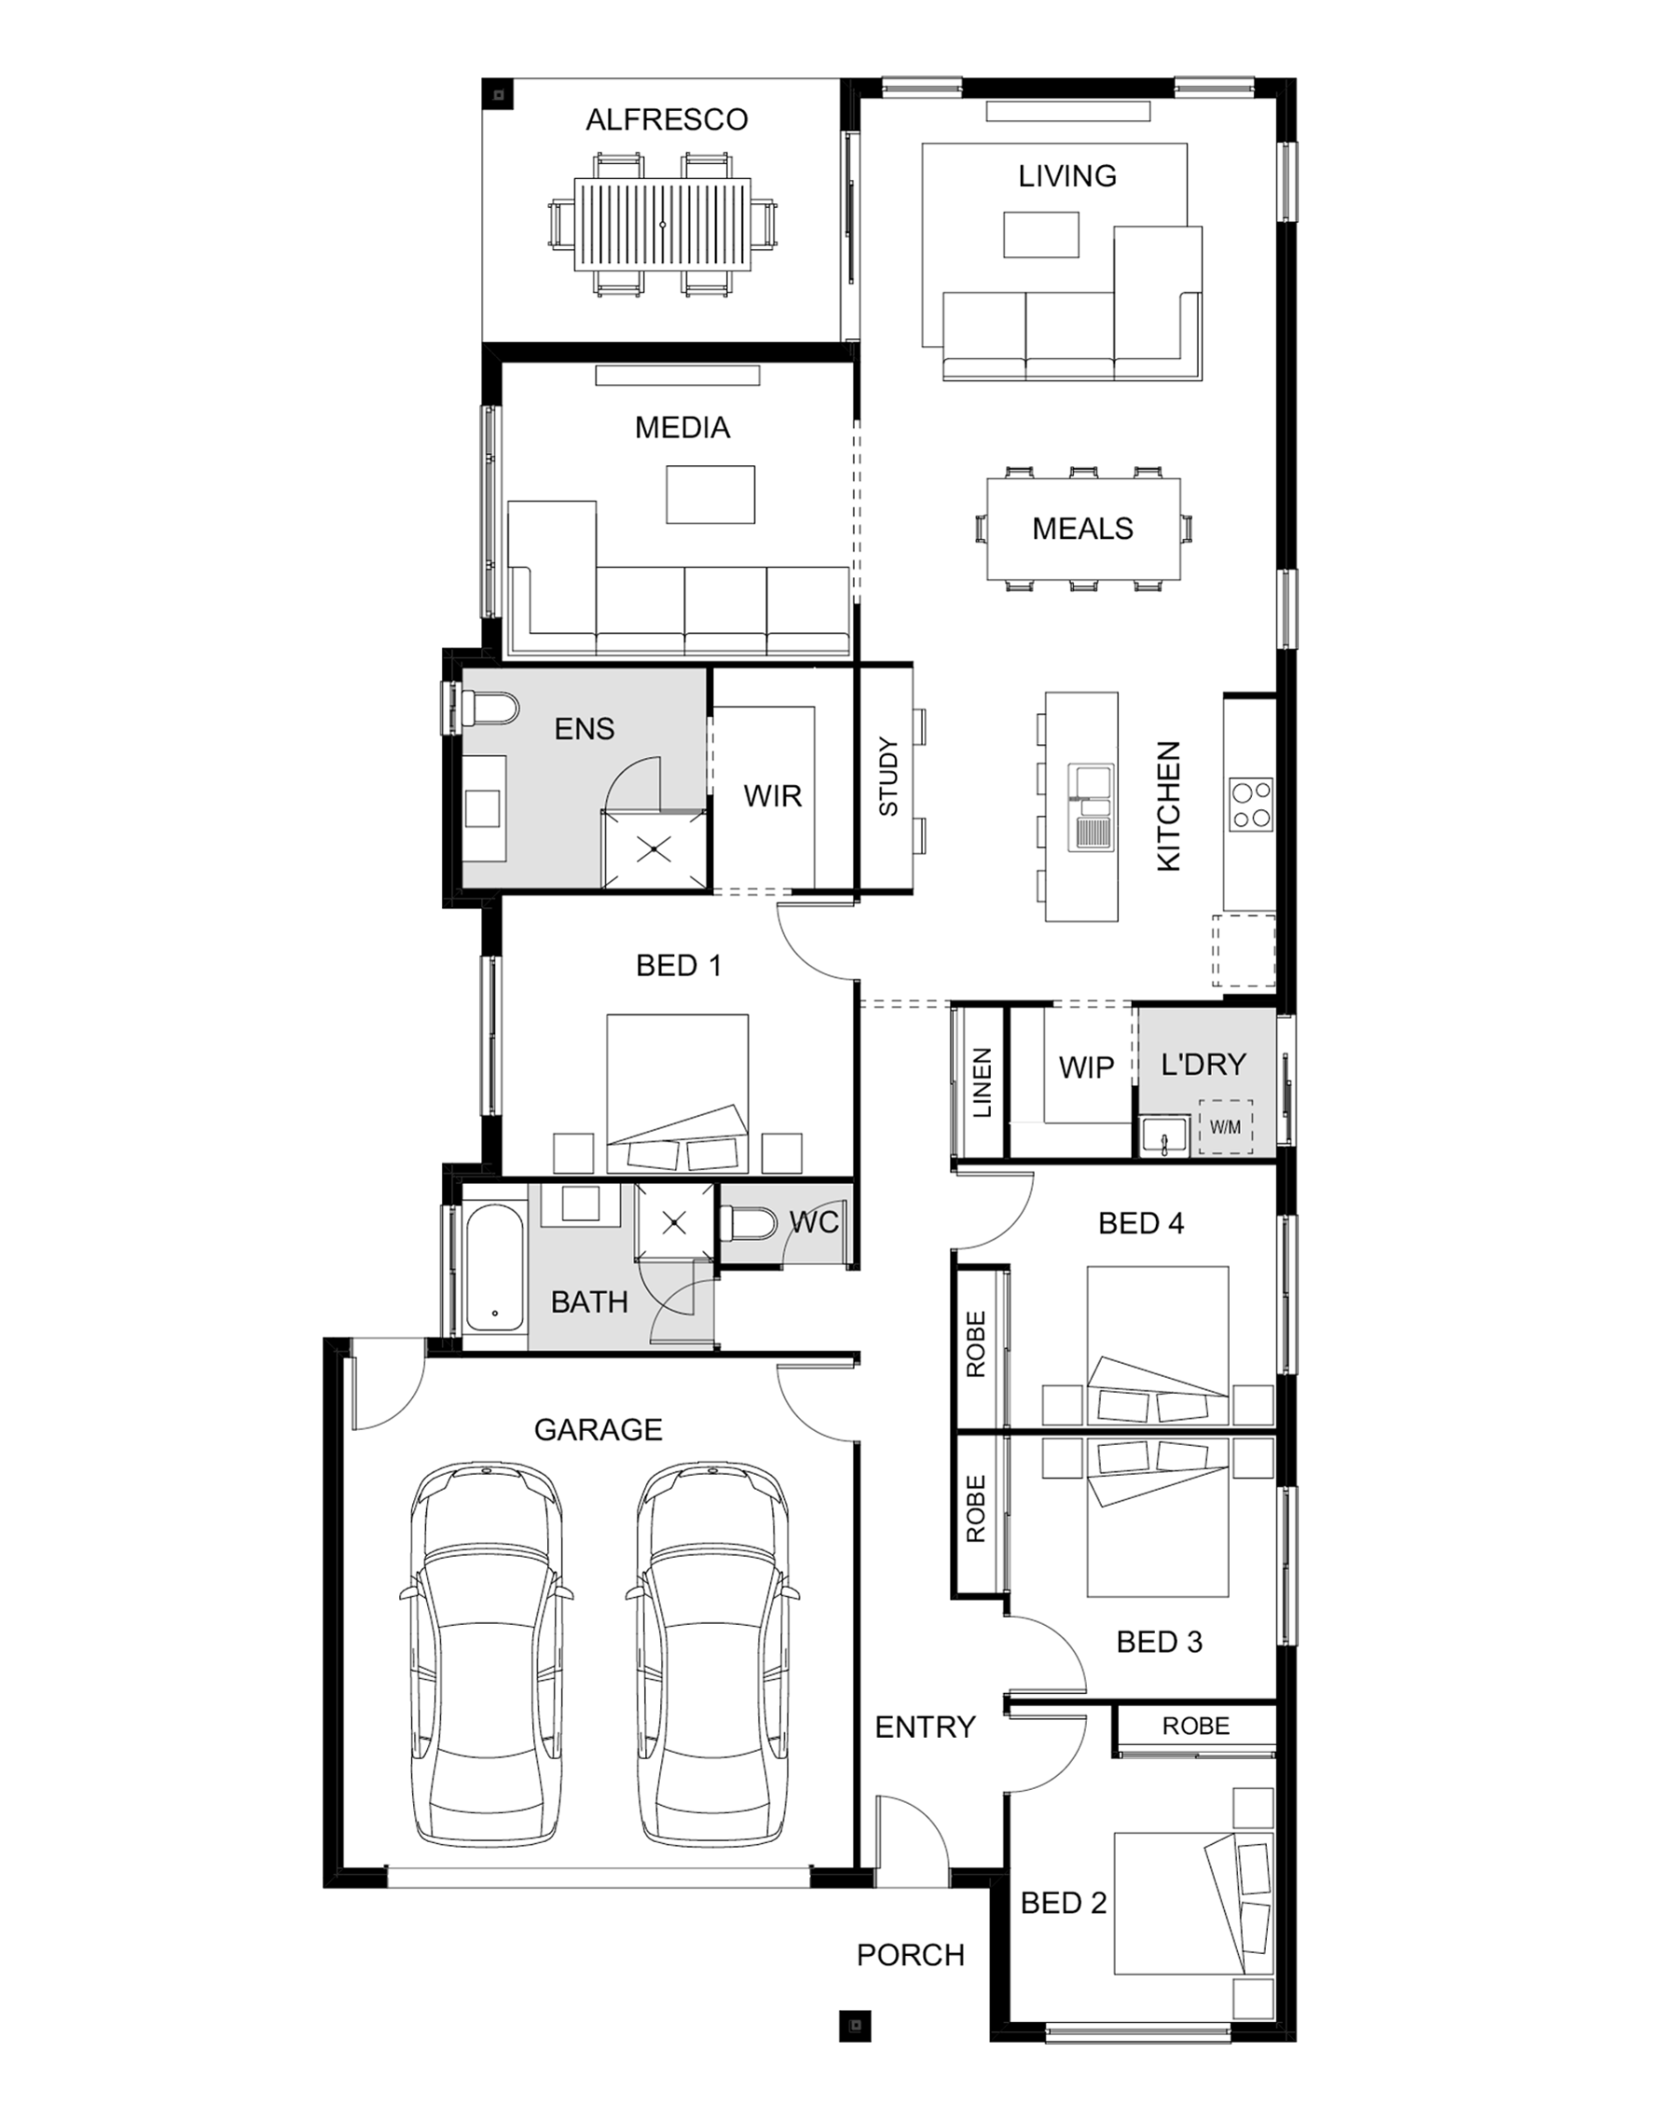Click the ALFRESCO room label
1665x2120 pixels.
point(667,120)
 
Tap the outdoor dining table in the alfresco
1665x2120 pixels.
point(663,224)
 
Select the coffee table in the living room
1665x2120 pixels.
point(1041,234)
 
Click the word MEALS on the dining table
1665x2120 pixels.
point(1082,529)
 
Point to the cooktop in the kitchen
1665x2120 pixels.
point(1251,805)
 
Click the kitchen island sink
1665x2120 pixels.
point(1091,807)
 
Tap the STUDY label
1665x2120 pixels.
point(888,777)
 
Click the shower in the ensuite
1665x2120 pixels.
point(654,849)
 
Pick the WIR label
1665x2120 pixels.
point(772,796)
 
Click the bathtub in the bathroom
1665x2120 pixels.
point(495,1267)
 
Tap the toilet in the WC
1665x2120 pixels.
point(749,1223)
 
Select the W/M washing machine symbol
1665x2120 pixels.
point(1225,1127)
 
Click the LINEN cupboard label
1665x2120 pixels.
point(983,1083)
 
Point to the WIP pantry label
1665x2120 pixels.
point(1086,1068)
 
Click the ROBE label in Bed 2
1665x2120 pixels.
point(1196,1727)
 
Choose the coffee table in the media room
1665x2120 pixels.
point(710,494)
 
